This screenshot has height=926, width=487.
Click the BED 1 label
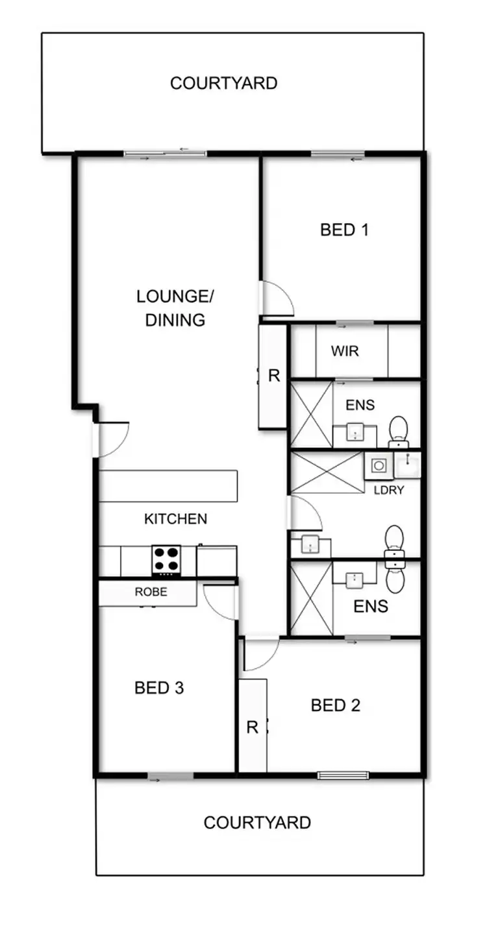click(344, 230)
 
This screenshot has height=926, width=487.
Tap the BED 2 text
click(335, 705)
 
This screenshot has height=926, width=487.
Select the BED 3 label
click(159, 688)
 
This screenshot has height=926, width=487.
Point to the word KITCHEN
click(175, 519)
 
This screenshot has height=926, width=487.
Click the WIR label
click(344, 352)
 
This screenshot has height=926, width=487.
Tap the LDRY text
click(388, 490)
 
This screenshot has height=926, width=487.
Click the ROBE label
click(151, 592)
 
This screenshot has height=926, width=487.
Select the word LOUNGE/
click(175, 297)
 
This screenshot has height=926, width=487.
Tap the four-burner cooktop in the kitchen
click(166, 559)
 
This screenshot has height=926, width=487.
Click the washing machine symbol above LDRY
click(379, 465)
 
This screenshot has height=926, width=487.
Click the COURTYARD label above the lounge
click(223, 83)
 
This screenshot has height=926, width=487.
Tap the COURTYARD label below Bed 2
click(257, 823)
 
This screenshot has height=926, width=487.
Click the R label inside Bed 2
click(252, 727)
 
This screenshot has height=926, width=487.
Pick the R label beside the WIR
click(273, 376)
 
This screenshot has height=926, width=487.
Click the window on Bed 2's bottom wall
click(343, 775)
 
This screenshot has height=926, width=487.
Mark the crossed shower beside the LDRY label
click(326, 472)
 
